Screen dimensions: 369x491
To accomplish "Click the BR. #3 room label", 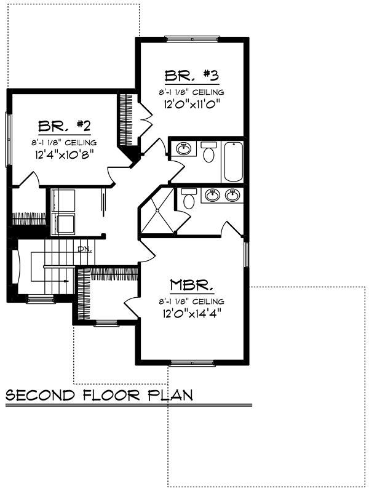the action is [x=192, y=76].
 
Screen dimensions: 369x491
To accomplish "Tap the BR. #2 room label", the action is [x=65, y=126].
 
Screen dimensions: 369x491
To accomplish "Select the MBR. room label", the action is [x=192, y=285].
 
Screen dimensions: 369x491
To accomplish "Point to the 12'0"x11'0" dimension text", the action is [x=192, y=103].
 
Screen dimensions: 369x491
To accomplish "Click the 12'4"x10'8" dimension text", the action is [x=65, y=154].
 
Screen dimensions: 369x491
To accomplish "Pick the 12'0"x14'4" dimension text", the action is [x=192, y=313].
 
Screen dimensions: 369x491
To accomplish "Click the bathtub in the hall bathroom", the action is [x=234, y=162].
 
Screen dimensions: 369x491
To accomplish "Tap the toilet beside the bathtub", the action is [x=208, y=151].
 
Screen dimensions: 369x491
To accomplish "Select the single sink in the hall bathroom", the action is [x=183, y=148].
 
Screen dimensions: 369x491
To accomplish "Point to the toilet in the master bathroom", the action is [x=189, y=198].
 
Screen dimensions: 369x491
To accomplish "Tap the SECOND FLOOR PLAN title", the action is [x=99, y=395].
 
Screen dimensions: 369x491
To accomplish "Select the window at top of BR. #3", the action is [x=191, y=39].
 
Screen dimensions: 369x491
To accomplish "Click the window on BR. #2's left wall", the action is [x=8, y=139].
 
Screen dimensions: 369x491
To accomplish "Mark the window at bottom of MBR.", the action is [x=192, y=363].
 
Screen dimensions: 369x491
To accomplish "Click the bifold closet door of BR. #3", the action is [x=145, y=119].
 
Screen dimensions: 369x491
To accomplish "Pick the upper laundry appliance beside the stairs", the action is [x=63, y=201].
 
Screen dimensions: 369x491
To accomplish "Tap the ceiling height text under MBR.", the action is [x=191, y=301].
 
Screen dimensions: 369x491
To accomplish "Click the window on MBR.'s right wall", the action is [x=247, y=254].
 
